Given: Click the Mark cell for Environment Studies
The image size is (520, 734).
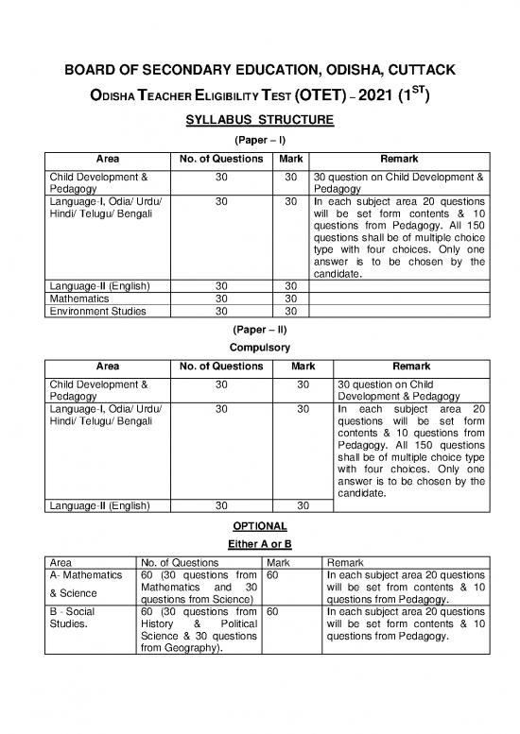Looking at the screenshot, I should [290, 308].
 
